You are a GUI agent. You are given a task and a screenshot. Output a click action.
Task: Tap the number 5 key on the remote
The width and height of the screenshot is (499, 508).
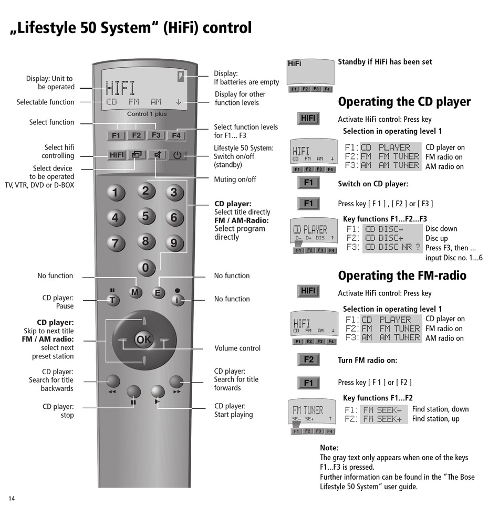click(145, 216)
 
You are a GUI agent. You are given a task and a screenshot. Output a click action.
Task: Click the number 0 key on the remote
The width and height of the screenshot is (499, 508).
click(145, 268)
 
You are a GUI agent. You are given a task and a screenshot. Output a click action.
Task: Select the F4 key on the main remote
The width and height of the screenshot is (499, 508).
click(176, 135)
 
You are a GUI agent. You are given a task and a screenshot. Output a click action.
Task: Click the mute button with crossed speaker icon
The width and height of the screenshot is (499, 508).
click(157, 155)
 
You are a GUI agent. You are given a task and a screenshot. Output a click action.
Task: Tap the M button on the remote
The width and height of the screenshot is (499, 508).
click(136, 292)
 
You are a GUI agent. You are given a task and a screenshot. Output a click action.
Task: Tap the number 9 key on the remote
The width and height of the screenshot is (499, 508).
click(174, 243)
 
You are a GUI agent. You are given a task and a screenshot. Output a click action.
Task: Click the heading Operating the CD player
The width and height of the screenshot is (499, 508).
click(404, 101)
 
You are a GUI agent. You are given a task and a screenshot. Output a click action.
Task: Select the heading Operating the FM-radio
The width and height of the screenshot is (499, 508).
click(402, 276)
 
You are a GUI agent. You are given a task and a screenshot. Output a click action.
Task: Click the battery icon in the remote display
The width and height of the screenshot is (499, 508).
click(181, 76)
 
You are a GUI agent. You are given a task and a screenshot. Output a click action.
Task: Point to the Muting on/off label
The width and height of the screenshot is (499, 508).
click(235, 179)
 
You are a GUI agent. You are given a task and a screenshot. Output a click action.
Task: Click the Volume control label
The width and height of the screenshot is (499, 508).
click(237, 348)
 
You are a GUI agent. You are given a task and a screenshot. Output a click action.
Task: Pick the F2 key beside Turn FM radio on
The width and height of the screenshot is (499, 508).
click(308, 360)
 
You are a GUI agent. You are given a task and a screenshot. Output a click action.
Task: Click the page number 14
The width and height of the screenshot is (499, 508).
click(11, 498)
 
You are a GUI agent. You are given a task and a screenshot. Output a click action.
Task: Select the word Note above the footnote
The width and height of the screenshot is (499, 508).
click(329, 448)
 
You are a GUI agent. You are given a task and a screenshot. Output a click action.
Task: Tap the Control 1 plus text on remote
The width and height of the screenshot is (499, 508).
click(147, 114)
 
